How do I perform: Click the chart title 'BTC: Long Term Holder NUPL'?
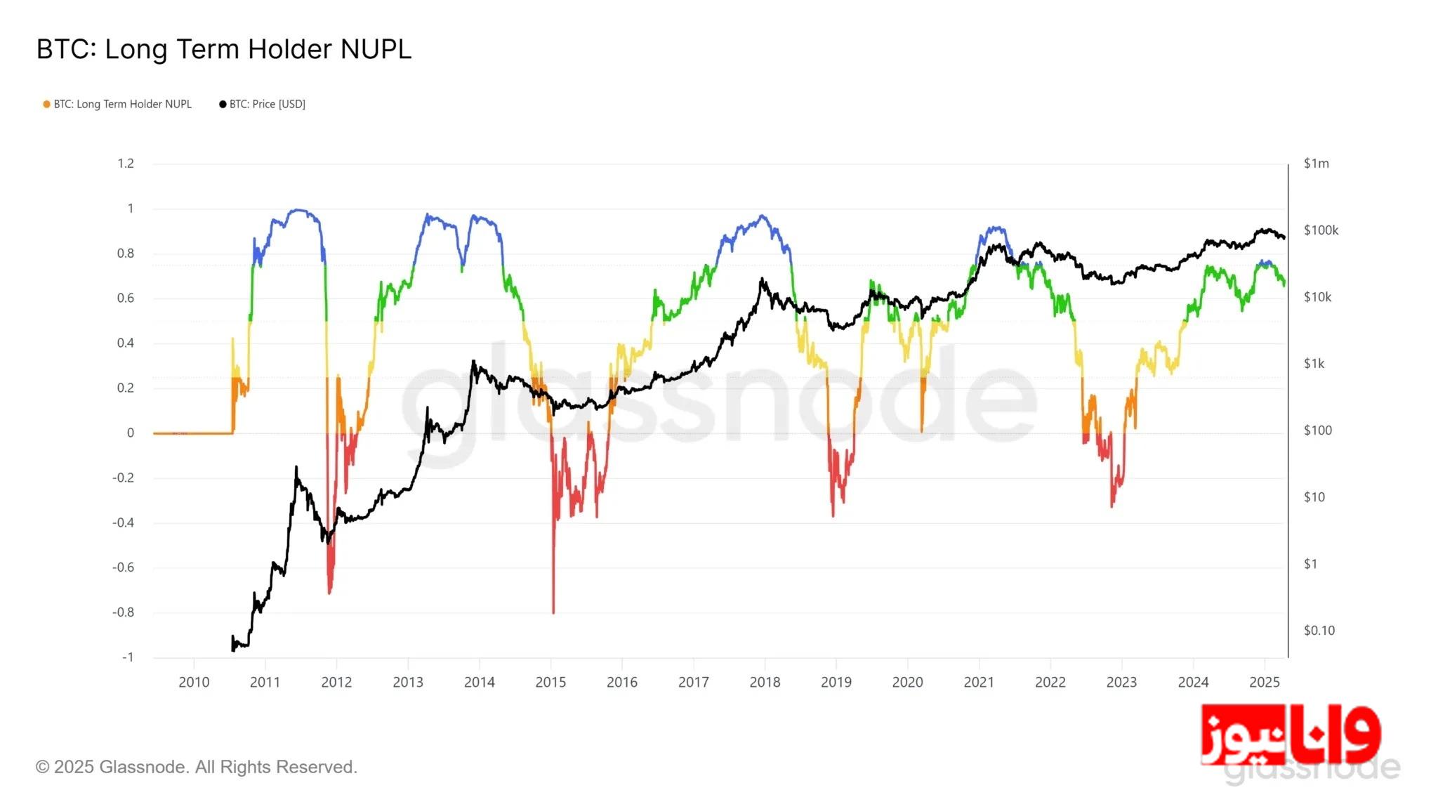click(223, 49)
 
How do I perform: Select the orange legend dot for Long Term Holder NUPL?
click(46, 105)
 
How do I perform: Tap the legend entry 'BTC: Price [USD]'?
click(267, 105)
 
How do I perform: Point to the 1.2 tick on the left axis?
click(126, 164)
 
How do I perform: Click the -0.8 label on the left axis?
click(124, 612)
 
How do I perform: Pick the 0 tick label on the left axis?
click(130, 433)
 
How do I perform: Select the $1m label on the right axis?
click(1316, 164)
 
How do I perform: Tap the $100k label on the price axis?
click(1321, 230)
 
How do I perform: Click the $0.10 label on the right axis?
click(1319, 631)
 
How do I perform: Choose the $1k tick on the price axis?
click(1314, 364)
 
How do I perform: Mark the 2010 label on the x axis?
click(194, 683)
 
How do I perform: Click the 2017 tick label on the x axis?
click(693, 683)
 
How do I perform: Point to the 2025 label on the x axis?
click(1264, 683)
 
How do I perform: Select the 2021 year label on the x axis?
click(979, 683)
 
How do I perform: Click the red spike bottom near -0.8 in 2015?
click(553, 611)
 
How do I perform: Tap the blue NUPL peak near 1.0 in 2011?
click(298, 210)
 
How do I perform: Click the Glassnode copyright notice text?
click(197, 767)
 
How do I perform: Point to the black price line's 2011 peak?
click(296, 468)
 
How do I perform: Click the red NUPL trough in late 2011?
click(329, 592)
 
